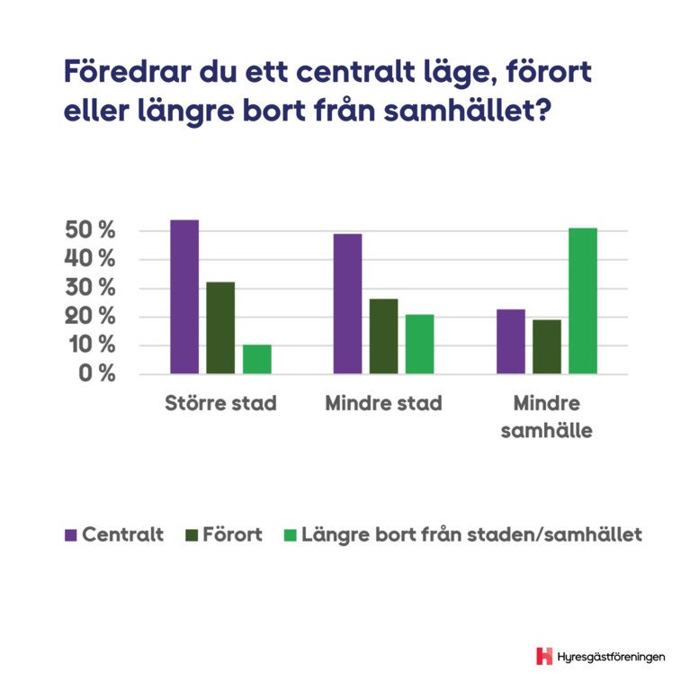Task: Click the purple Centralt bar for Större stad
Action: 184,297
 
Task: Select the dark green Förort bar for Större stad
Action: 220,327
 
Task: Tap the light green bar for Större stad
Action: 257,359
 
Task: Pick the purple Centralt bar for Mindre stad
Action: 347,304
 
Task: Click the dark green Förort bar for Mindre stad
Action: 383,336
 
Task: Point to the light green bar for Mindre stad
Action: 419,344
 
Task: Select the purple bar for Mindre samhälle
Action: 511,341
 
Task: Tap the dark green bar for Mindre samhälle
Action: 547,346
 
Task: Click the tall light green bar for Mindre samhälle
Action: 583,300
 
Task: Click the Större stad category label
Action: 220,403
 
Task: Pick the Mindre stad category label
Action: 383,403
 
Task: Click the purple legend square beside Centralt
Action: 71,534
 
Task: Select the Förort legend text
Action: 232,534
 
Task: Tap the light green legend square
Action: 290,534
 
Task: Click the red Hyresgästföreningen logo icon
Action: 544,656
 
